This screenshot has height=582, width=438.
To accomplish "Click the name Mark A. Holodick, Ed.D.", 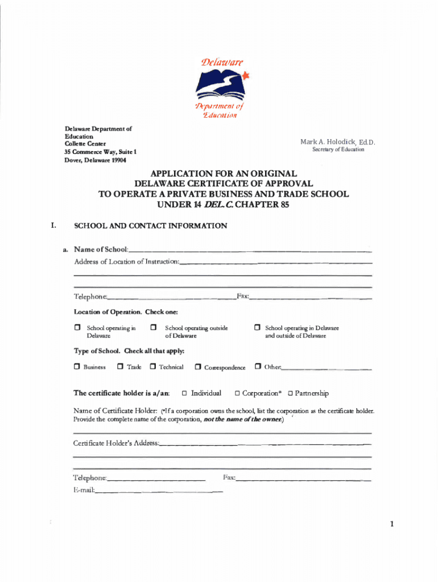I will [x=338, y=142].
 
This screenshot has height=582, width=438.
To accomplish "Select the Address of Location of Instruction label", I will [x=126, y=261].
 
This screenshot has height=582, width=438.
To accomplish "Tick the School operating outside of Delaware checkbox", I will [x=154, y=328].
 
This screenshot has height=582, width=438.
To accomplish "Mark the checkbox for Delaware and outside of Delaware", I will [x=257, y=328].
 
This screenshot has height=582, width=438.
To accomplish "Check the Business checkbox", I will [x=77, y=367].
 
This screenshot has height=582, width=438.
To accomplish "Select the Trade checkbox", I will [x=120, y=367].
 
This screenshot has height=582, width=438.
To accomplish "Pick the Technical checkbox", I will [x=152, y=367].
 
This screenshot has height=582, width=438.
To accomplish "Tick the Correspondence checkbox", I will [x=197, y=367].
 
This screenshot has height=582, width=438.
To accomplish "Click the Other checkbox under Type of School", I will [x=258, y=367].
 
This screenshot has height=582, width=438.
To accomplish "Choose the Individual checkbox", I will [x=184, y=393].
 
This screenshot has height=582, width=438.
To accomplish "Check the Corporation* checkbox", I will [x=237, y=393].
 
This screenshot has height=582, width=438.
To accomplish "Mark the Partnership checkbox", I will [x=290, y=393].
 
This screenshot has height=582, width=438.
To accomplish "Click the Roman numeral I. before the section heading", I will [x=53, y=226].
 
